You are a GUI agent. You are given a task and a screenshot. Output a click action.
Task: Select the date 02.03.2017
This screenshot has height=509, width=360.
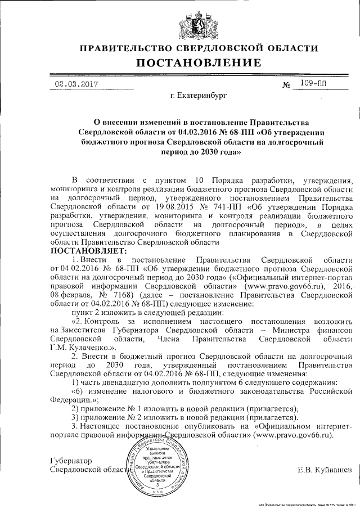76,84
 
